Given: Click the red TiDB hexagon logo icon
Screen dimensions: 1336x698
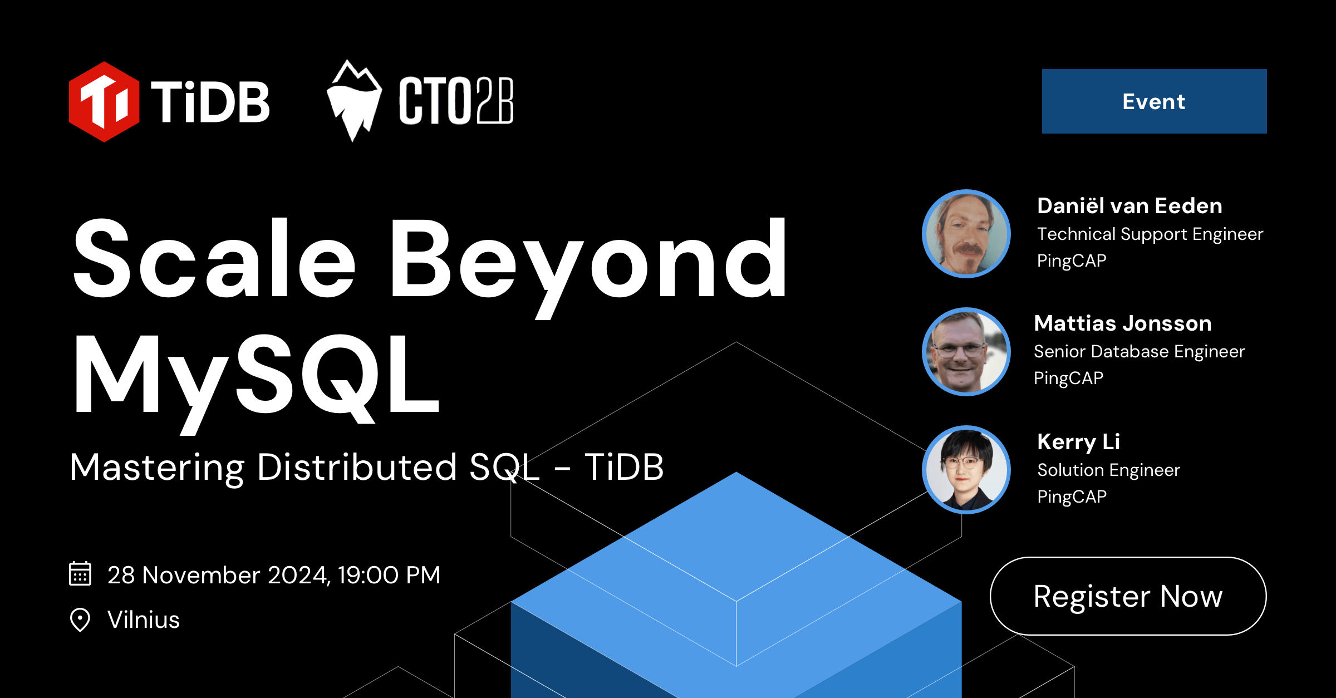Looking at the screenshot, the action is pos(104,102).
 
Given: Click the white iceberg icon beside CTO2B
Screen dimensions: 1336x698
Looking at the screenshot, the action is pos(354,101).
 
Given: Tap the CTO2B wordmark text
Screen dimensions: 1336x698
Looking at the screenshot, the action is pos(456,101).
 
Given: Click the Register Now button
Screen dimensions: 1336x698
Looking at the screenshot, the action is pos(1128,596).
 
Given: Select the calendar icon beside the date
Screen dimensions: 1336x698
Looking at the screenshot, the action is pos(80,574).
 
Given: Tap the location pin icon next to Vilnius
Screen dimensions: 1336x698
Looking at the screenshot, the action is pos(80,620).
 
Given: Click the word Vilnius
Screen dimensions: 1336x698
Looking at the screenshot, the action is pos(144,620).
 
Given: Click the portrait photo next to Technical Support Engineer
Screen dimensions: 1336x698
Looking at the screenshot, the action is pos(966,234).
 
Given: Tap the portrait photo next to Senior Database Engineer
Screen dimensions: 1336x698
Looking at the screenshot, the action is pos(966,352).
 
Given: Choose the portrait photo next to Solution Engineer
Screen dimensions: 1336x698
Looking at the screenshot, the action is pos(966,470).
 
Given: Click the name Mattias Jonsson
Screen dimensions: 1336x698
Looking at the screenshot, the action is pos(1123,323).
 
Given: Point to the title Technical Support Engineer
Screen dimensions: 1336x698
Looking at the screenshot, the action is pos(1150,234).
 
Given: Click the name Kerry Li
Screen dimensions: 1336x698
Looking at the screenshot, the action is pos(1079,442).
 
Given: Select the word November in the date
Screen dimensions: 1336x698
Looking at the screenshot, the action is pos(201,575).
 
